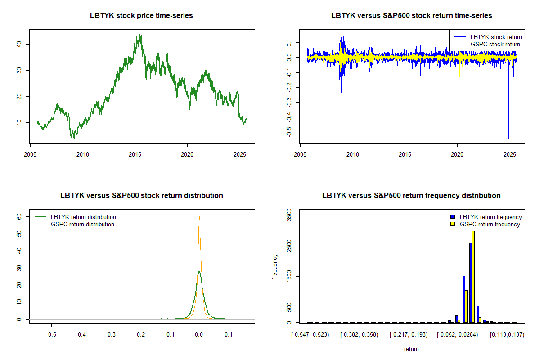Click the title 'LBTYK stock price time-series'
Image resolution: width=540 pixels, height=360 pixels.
pyautogui.click(x=142, y=16)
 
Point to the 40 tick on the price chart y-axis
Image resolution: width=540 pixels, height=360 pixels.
pyautogui.click(x=18, y=44)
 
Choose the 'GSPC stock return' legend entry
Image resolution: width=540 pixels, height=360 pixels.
pyautogui.click(x=495, y=44)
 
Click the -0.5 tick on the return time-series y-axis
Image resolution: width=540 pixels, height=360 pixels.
pyautogui.click(x=288, y=132)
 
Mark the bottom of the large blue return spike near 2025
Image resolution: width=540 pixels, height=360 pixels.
pyautogui.click(x=508, y=139)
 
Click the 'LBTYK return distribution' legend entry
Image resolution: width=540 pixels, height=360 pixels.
pyautogui.click(x=83, y=217)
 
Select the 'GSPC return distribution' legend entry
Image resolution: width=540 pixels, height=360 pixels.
pyautogui.click(x=82, y=224)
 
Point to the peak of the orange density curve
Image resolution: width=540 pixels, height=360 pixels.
pyautogui.click(x=199, y=216)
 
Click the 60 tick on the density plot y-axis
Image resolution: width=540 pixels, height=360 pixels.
pyautogui.click(x=19, y=216)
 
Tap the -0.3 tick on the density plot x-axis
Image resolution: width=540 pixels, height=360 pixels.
pyautogui.click(x=111, y=334)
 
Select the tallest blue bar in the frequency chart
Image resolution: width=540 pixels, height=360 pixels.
pyautogui.click(x=470, y=283)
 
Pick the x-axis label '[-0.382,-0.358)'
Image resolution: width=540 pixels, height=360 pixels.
pyautogui.click(x=359, y=335)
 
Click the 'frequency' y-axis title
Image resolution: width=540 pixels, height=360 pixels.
pyautogui.click(x=275, y=267)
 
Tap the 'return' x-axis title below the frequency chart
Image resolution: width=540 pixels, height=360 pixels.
pyautogui.click(x=411, y=349)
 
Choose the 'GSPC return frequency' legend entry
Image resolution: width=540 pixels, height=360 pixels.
pyautogui.click(x=490, y=224)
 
